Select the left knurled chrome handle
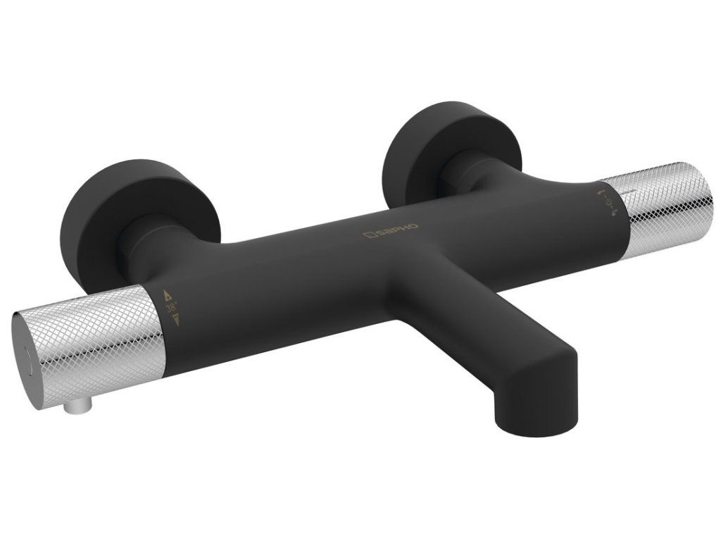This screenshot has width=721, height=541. coord(87,347)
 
